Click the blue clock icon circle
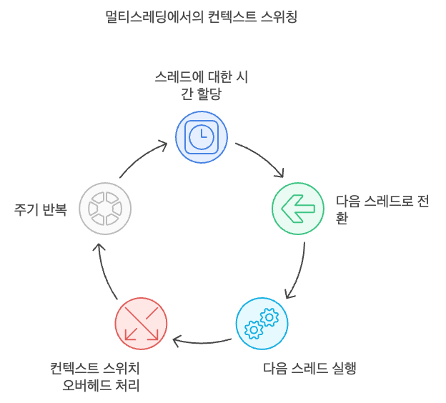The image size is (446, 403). point(202,136)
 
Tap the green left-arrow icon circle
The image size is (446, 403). point(298,209)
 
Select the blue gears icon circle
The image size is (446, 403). point(262,324)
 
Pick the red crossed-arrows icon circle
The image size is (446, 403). point(141,324)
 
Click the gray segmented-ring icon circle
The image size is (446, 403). point(105,209)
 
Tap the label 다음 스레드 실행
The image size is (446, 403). point(309,369)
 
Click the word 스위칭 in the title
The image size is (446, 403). point(278,17)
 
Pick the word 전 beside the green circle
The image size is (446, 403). point(422,201)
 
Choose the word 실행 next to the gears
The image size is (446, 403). point(344,369)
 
